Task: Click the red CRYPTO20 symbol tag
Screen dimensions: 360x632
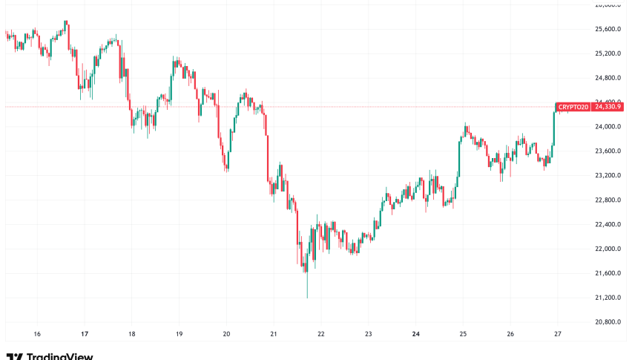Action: coord(573,107)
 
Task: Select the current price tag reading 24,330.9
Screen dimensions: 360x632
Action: coord(610,107)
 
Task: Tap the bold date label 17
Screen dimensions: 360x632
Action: coord(85,334)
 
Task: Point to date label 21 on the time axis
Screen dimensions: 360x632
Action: coord(273,334)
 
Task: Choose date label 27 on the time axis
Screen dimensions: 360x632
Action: coord(557,334)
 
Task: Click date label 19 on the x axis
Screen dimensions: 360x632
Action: coord(179,334)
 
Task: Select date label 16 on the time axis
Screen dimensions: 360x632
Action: coord(37,334)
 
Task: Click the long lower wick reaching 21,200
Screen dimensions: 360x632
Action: coord(306,286)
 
